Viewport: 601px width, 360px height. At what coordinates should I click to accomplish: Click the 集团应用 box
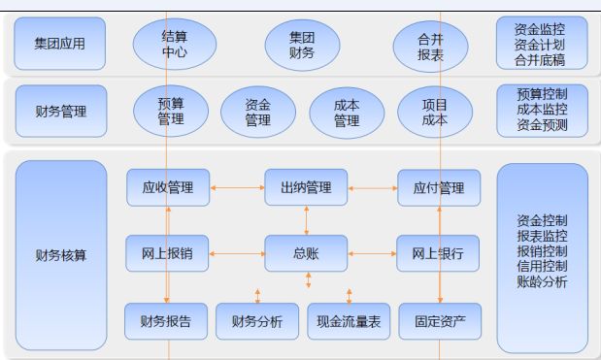click(60, 44)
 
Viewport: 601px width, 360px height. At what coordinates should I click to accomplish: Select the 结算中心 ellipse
click(174, 45)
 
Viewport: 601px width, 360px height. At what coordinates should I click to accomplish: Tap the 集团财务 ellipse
click(302, 45)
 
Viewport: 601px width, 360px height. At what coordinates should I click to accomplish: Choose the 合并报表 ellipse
click(430, 45)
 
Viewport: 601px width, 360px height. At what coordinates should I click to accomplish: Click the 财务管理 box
click(60, 112)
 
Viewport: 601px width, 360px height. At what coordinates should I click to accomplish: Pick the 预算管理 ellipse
click(171, 112)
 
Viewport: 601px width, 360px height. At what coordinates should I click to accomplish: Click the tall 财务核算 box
click(60, 255)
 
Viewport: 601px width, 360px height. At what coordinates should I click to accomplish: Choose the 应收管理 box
click(168, 187)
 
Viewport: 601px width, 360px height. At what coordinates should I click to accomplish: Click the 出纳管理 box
click(306, 187)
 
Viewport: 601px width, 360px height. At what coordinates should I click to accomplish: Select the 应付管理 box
click(438, 187)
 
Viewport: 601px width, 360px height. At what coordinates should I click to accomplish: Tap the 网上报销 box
click(167, 254)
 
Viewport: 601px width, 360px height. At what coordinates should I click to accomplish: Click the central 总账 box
click(306, 254)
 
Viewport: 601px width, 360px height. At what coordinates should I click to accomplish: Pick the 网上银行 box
click(438, 254)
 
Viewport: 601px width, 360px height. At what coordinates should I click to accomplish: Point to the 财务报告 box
click(166, 321)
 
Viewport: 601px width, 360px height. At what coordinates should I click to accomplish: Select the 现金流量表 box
click(349, 321)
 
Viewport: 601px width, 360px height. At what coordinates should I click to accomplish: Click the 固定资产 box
click(440, 321)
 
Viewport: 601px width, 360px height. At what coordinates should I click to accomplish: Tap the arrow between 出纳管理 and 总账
click(307, 220)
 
